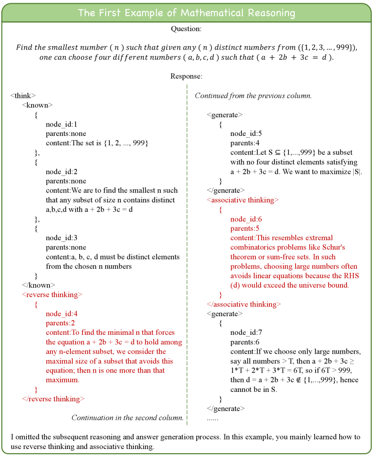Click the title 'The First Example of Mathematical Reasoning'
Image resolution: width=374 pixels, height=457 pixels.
click(187, 13)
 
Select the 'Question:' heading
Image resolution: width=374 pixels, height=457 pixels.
click(187, 29)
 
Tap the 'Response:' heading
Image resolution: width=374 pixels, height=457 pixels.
click(187, 76)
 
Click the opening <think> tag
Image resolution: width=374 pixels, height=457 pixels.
click(23, 95)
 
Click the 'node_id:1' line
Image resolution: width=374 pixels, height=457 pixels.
click(61, 124)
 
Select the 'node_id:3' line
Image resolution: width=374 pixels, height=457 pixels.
click(61, 238)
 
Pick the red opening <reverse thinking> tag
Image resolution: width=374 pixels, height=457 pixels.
click(52, 295)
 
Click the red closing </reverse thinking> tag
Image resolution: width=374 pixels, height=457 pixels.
click(53, 399)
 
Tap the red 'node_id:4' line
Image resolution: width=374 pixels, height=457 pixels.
click(61, 314)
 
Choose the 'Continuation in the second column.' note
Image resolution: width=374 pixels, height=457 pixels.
click(127, 417)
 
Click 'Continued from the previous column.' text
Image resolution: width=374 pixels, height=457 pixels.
click(253, 96)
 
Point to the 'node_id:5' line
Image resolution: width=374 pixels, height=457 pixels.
click(246, 133)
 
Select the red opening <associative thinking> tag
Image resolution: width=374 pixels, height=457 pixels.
click(242, 200)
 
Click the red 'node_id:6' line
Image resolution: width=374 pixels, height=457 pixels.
click(246, 219)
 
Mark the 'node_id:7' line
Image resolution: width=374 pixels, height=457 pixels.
click(246, 333)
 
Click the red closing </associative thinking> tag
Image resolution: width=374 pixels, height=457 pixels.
click(244, 304)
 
